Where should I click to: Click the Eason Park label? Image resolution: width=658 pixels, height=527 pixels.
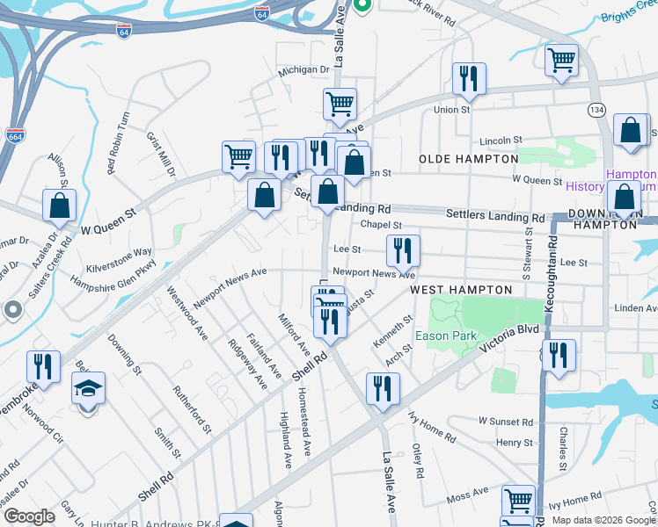tap(452, 336)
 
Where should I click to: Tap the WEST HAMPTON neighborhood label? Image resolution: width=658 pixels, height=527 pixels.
tap(461, 290)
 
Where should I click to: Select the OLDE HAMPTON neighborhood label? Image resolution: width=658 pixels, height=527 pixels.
tap(468, 159)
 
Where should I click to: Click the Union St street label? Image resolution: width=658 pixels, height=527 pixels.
tap(452, 111)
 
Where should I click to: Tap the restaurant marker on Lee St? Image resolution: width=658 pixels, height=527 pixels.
tap(403, 250)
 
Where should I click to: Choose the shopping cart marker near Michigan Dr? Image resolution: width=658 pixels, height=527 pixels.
tap(340, 104)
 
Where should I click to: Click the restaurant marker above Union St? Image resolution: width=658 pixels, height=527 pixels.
tap(469, 79)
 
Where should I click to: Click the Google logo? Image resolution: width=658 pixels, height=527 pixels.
tap(29, 516)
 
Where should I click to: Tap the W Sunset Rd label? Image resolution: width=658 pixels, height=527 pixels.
tap(506, 422)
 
